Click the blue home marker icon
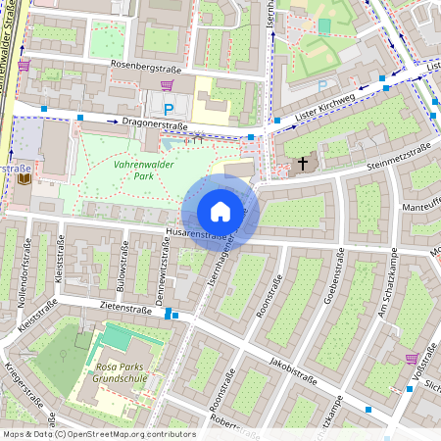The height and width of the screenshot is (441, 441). point(220,212)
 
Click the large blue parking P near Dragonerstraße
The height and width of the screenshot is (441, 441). point(169,110)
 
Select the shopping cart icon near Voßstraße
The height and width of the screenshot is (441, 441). point(413,357)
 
